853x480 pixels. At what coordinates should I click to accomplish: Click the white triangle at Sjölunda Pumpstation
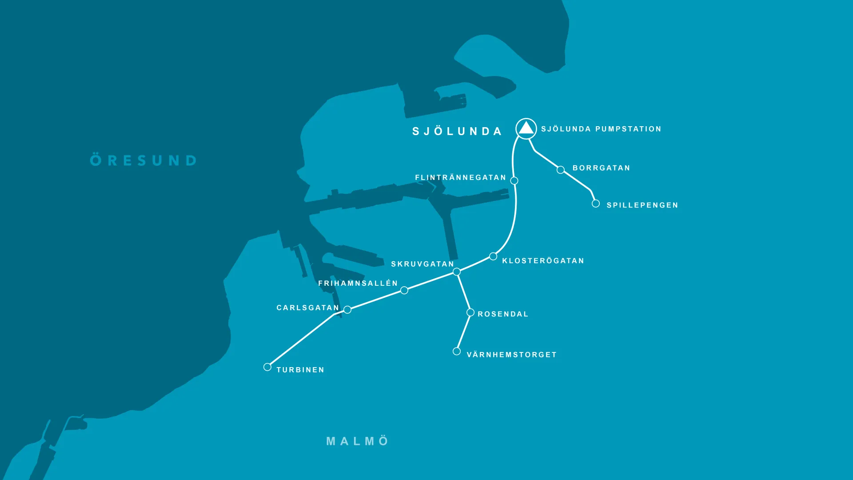pyautogui.click(x=526, y=128)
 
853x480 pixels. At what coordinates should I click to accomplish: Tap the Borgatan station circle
pyautogui.click(x=561, y=170)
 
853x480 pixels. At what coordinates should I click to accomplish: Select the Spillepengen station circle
pyautogui.click(x=596, y=204)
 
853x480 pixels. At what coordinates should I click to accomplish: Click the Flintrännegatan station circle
pyautogui.click(x=514, y=180)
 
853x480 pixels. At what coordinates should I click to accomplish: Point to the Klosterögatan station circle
pyautogui.click(x=493, y=256)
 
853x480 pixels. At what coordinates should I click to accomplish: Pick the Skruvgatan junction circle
pyautogui.click(x=457, y=272)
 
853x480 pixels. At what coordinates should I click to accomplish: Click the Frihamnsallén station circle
pyautogui.click(x=404, y=290)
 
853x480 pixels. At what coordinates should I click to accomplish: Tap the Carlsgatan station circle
pyautogui.click(x=347, y=310)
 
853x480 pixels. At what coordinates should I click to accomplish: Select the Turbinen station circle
pyautogui.click(x=267, y=367)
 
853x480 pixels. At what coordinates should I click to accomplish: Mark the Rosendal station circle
pyautogui.click(x=470, y=313)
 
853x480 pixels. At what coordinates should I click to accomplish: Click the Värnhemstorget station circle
pyautogui.click(x=457, y=352)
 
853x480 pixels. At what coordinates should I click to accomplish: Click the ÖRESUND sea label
pyautogui.click(x=143, y=160)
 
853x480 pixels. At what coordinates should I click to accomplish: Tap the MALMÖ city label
pyautogui.click(x=358, y=441)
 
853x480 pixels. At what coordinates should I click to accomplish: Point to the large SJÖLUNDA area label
pyautogui.click(x=457, y=132)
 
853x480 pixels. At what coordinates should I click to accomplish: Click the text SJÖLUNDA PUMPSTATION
pyautogui.click(x=601, y=129)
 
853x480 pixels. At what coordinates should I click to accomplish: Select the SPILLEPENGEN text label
pyautogui.click(x=642, y=205)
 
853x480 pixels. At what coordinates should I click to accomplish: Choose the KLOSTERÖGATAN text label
pyautogui.click(x=543, y=261)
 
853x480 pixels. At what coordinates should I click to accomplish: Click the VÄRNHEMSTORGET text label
pyautogui.click(x=511, y=355)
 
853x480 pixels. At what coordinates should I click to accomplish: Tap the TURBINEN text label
pyautogui.click(x=300, y=370)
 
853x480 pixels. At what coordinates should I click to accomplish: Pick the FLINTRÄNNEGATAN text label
pyautogui.click(x=461, y=178)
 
